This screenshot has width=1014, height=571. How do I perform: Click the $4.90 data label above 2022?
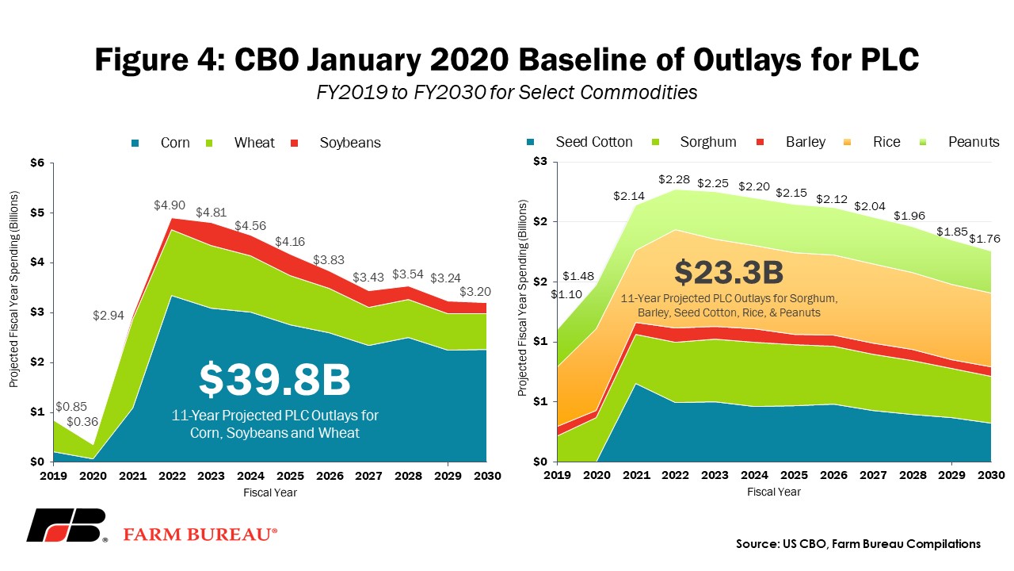point(170,205)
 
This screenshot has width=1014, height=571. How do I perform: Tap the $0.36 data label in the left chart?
point(82,422)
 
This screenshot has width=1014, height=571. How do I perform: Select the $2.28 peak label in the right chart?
point(674,179)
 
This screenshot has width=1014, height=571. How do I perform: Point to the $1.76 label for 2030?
point(985,239)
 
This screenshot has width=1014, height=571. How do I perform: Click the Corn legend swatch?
point(135,144)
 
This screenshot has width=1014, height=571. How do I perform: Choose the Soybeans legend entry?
point(350,143)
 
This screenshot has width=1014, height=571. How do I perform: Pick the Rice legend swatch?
point(847,142)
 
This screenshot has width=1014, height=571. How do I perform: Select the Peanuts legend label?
point(974,142)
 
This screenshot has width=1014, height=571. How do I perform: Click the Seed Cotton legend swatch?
point(530,142)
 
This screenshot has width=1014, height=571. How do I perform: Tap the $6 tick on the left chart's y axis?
point(37,163)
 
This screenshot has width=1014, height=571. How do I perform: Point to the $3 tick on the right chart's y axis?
point(540,161)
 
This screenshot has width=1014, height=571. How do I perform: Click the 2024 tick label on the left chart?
point(251,476)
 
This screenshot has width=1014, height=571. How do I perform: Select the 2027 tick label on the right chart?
point(873,475)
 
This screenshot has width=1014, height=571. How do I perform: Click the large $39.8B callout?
point(275,379)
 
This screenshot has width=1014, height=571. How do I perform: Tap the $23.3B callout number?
point(729,272)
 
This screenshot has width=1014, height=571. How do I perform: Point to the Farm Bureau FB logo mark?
point(67,525)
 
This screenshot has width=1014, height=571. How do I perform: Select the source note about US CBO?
point(858,544)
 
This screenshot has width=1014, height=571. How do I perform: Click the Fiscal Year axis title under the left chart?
point(270,492)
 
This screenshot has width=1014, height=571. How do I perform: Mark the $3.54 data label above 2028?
point(408,274)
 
